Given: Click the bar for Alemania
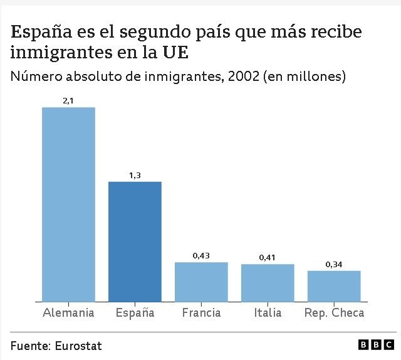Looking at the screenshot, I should click(x=68, y=204).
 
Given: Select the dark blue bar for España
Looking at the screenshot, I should click(x=135, y=241).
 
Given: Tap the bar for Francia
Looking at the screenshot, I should click(x=201, y=282).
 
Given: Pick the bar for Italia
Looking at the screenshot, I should click(x=268, y=283).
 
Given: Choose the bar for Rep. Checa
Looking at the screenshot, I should click(x=334, y=286).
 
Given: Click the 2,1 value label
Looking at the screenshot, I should click(x=68, y=100).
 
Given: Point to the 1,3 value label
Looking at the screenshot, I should click(x=135, y=174).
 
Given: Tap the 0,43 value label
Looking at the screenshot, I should click(x=201, y=255).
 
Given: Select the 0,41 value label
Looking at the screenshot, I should click(x=268, y=257).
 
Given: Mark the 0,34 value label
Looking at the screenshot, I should click(x=334, y=264).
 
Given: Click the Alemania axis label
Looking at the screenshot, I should click(x=68, y=312).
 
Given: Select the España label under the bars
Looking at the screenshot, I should click(x=135, y=312).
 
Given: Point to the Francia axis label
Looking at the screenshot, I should click(x=201, y=312).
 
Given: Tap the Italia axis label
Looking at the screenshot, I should click(x=268, y=312).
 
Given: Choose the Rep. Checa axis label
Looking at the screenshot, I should click(x=334, y=312).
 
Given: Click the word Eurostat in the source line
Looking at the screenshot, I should click(x=78, y=346).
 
